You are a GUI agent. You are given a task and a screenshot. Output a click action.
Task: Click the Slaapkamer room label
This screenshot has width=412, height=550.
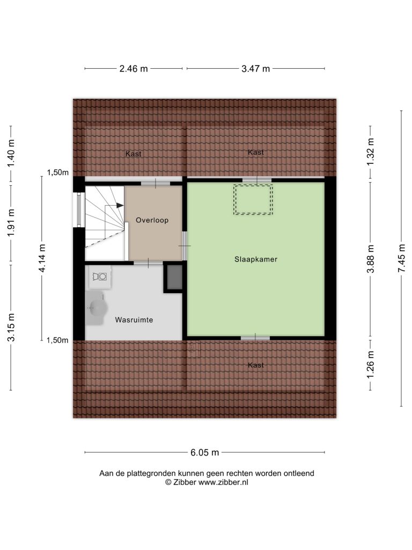pos(256,259)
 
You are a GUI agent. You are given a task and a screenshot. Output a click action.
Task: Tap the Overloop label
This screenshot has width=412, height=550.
pos(152,220)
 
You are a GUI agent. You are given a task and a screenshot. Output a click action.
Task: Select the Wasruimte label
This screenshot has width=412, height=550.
pos(134,320)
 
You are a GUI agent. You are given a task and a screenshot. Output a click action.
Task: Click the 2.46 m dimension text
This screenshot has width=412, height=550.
pos(134,69)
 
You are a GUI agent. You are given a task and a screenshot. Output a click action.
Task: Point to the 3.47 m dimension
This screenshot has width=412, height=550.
pos(255,69)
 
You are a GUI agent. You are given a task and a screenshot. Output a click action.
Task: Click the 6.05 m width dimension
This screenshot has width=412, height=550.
pos(204,452)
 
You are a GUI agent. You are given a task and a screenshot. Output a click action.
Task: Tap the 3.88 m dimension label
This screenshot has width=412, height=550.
pos(371,259)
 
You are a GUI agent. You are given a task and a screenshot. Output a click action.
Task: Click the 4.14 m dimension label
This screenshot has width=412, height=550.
pos(42,258)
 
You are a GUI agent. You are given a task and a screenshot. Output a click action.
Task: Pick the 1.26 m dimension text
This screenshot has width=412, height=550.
pos(371,365)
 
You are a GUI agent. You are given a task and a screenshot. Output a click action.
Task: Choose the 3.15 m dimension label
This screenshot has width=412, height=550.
pos(11,327)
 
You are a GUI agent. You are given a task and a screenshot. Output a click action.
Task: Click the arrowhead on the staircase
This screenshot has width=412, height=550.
pos(120,205)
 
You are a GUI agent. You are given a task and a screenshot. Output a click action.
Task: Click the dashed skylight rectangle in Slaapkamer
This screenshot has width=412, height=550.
pos(253,199)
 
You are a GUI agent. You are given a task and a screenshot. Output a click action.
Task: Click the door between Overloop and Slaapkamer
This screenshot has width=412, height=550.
pos(185,245)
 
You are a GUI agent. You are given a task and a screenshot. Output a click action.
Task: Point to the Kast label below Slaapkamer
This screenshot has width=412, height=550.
pos(256,365)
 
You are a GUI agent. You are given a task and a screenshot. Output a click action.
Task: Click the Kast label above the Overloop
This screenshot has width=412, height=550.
pos(134,154)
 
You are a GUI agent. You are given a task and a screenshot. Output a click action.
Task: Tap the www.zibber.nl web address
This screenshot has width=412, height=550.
pos(223,482)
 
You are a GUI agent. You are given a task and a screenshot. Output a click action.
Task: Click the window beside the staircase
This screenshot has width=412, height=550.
pos(79,210)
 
